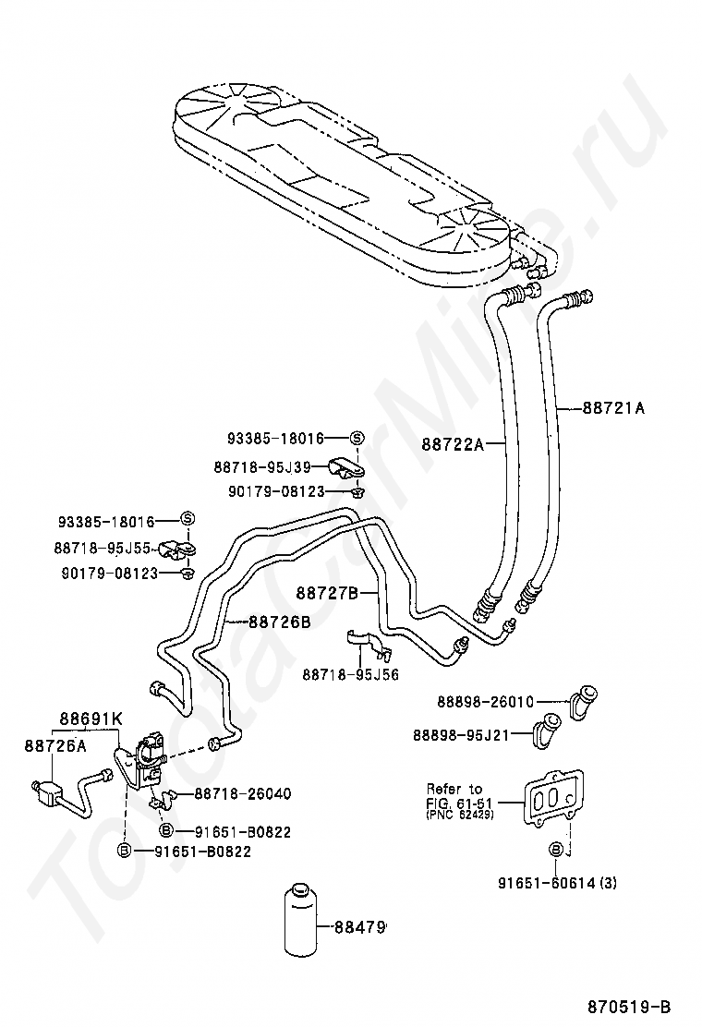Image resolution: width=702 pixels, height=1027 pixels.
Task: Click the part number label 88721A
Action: click(x=613, y=405)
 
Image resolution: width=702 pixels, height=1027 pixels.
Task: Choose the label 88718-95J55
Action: click(x=115, y=548)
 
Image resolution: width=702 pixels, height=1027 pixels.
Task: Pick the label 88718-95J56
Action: click(x=350, y=674)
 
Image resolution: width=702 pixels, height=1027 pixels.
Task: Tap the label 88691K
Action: click(x=91, y=719)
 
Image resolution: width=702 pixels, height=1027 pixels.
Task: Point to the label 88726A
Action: click(x=55, y=746)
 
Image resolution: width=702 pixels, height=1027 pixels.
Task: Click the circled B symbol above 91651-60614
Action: click(x=556, y=850)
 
